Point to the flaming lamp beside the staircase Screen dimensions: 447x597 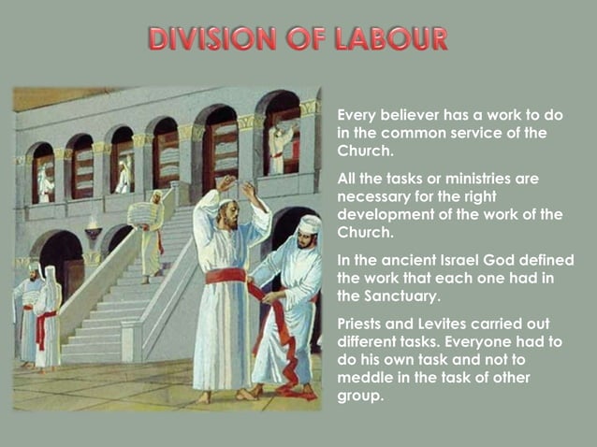94,227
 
